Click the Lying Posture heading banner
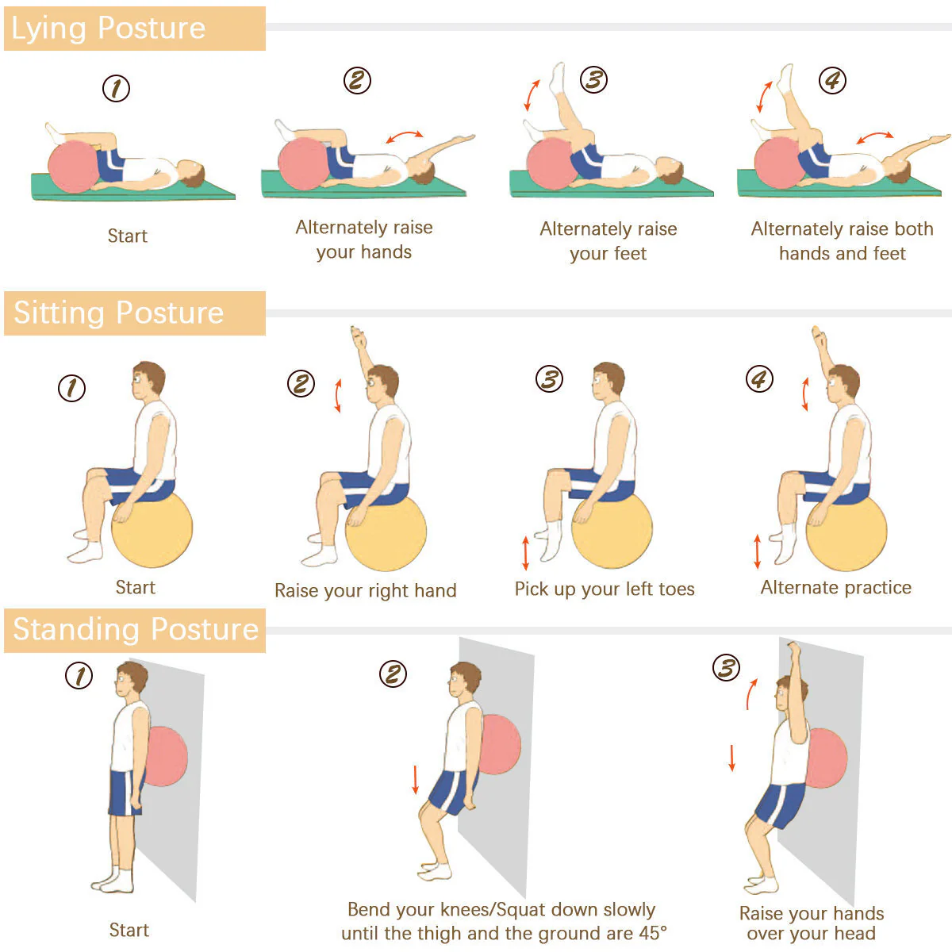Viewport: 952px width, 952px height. (x=134, y=29)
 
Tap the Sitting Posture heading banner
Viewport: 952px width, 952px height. (x=134, y=313)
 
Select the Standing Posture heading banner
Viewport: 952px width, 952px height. (x=134, y=631)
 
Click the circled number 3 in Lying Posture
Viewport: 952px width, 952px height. (x=593, y=79)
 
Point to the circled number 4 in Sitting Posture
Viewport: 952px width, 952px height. (x=759, y=379)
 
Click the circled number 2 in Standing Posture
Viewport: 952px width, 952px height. (x=393, y=674)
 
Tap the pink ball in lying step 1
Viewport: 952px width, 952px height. (x=73, y=167)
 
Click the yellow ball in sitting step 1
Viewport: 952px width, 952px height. (x=152, y=530)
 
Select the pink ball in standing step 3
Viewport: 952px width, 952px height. (x=826, y=758)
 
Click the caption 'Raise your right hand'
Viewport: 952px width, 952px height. (x=366, y=590)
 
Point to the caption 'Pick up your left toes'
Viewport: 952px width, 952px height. (x=605, y=589)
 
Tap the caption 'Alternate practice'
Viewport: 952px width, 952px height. (x=836, y=587)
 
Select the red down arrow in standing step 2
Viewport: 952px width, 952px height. (x=416, y=780)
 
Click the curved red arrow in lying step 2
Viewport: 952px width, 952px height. (x=405, y=135)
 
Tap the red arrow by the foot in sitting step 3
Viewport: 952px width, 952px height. (x=526, y=553)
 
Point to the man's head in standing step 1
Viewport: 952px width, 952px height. (x=132, y=678)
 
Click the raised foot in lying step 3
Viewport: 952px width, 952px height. (x=558, y=77)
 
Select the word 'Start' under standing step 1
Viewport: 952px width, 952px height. (x=129, y=931)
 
